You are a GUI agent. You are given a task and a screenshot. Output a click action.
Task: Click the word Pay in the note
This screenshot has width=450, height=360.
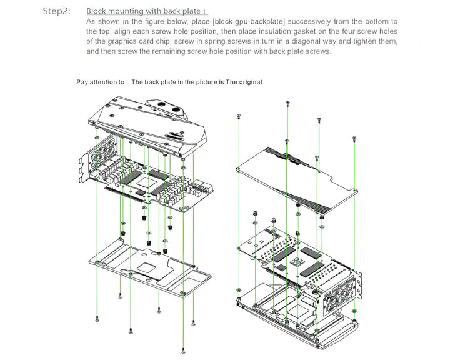[82, 82]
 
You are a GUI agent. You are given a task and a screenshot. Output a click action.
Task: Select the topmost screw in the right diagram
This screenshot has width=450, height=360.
[287, 102]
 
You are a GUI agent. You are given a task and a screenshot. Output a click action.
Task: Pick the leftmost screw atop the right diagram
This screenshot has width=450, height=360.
[239, 116]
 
